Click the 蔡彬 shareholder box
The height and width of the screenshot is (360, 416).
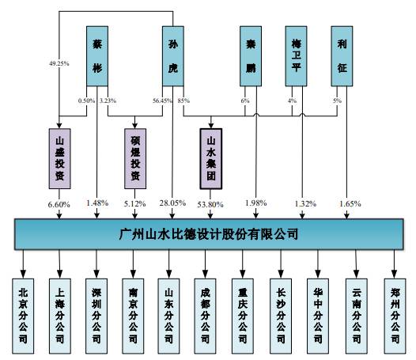click(96, 56)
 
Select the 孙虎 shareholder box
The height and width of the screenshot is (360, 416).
click(173, 56)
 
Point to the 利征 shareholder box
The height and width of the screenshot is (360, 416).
click(342, 56)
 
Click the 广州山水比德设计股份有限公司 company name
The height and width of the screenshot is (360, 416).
click(208, 234)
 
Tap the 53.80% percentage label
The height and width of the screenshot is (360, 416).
click(211, 205)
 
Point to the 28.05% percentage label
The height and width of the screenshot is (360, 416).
click(173, 205)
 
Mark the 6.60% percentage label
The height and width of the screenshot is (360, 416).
click(60, 205)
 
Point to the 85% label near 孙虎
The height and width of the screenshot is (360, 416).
click(183, 100)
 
